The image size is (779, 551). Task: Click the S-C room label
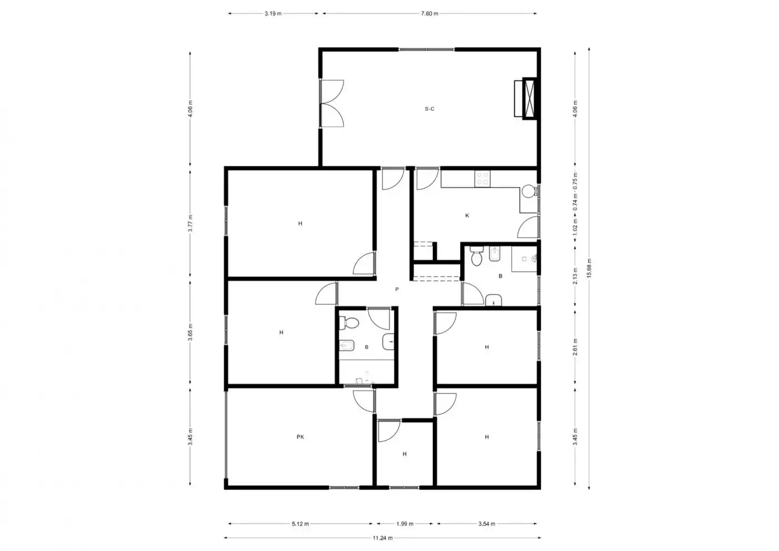click(430, 109)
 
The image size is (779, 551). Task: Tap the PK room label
click(300, 437)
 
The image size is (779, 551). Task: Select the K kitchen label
click(467, 216)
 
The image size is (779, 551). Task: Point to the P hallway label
click(397, 289)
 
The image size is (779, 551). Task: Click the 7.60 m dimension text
click(430, 13)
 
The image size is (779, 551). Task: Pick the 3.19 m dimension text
click(273, 13)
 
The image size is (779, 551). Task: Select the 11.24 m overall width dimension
click(383, 538)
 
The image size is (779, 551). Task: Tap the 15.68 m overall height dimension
click(589, 268)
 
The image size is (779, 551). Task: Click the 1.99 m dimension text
click(405, 524)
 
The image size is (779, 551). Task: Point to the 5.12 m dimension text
click(300, 524)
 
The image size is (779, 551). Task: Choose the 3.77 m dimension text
click(190, 223)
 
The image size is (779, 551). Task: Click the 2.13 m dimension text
click(575, 276)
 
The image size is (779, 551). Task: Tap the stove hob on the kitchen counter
click(482, 179)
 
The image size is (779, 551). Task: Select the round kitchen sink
click(529, 191)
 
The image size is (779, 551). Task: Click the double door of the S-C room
click(332, 104)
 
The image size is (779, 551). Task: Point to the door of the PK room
click(364, 401)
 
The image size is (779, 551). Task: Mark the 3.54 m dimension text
click(486, 524)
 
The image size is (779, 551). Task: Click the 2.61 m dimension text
click(575, 347)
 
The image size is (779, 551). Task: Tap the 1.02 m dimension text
click(575, 227)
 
